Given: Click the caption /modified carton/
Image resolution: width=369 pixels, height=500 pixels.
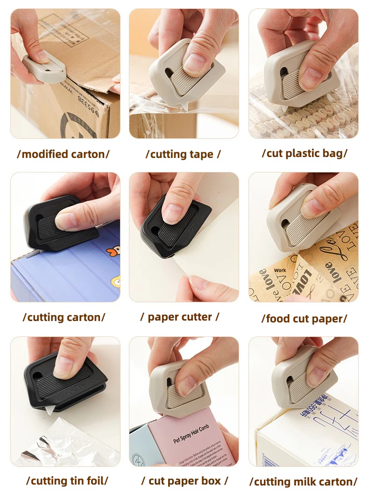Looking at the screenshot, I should pos(63,154).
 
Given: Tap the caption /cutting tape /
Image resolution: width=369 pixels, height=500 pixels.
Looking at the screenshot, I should pos(183,154).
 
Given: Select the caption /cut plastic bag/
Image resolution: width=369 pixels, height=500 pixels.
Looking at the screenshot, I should pos(305,153).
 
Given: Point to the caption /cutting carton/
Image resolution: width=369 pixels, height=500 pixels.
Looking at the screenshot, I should pos(64,317).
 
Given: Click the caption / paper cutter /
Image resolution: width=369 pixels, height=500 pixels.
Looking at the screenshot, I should pos(180,317).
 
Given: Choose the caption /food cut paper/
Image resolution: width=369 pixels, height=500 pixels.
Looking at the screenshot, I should pos(305,319).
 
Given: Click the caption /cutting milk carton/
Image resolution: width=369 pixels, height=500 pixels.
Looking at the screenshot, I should pos(304,481).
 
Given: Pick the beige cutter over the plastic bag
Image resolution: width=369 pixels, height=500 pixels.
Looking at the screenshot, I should pos(299,72).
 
